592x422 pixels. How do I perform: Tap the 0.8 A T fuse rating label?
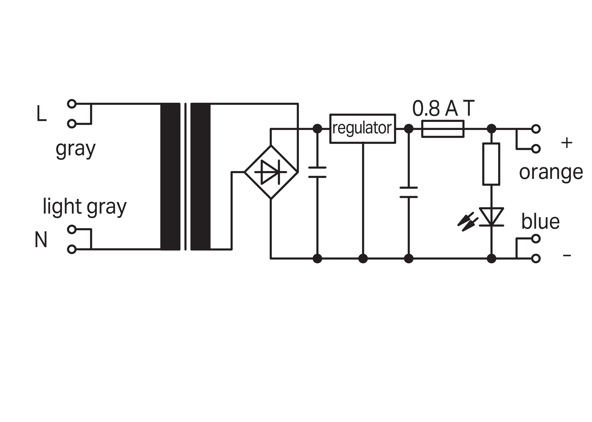[x=443, y=108]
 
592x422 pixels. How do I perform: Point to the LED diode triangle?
[x=491, y=217]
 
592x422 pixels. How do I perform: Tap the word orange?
[x=551, y=173]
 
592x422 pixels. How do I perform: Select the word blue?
[x=540, y=221]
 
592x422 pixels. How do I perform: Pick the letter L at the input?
[x=41, y=113]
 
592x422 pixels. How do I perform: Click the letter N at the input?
[x=41, y=240]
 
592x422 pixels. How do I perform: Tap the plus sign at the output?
[x=567, y=143]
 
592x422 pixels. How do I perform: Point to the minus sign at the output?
[x=567, y=255]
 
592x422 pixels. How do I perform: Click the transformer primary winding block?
[x=170, y=177]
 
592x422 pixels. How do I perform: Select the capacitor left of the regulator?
[x=317, y=172]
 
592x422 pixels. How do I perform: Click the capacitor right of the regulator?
[x=408, y=192]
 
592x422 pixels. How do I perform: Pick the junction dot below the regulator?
[x=363, y=259]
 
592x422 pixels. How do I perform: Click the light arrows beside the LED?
[x=468, y=222]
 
